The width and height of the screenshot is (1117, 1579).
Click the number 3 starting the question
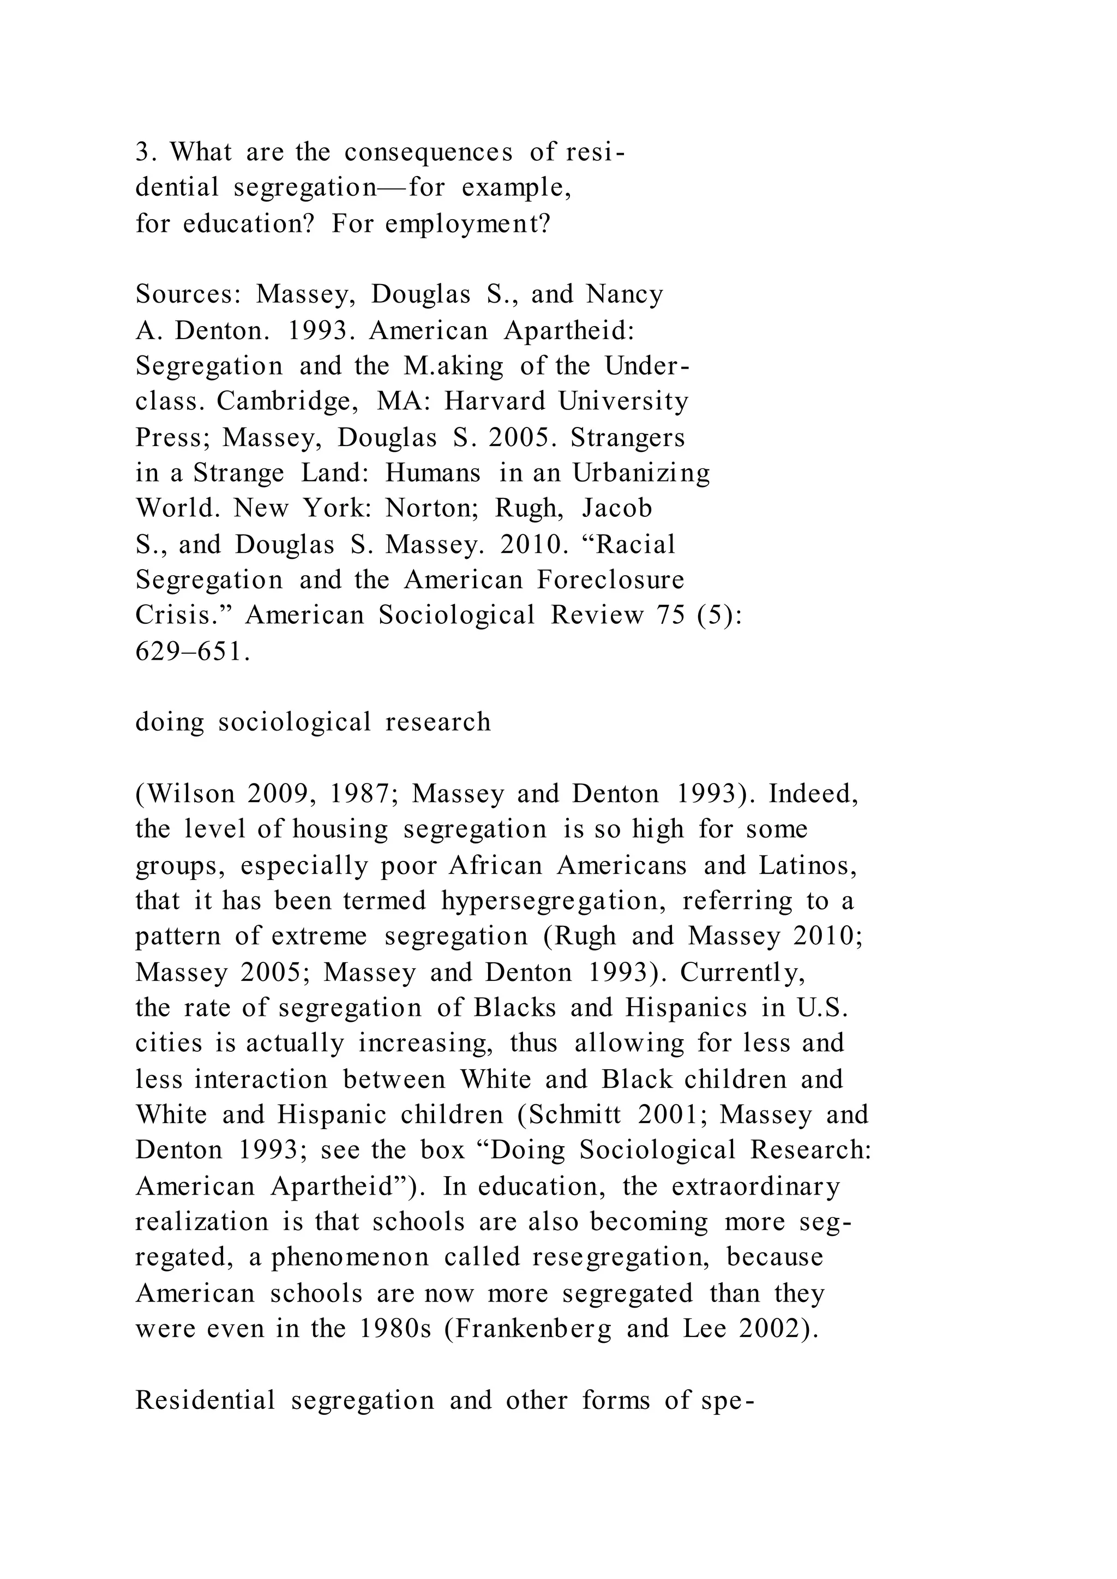[x=142, y=152]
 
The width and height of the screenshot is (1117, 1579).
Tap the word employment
[x=468, y=224]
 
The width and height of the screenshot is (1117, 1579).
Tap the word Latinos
[x=808, y=865]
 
